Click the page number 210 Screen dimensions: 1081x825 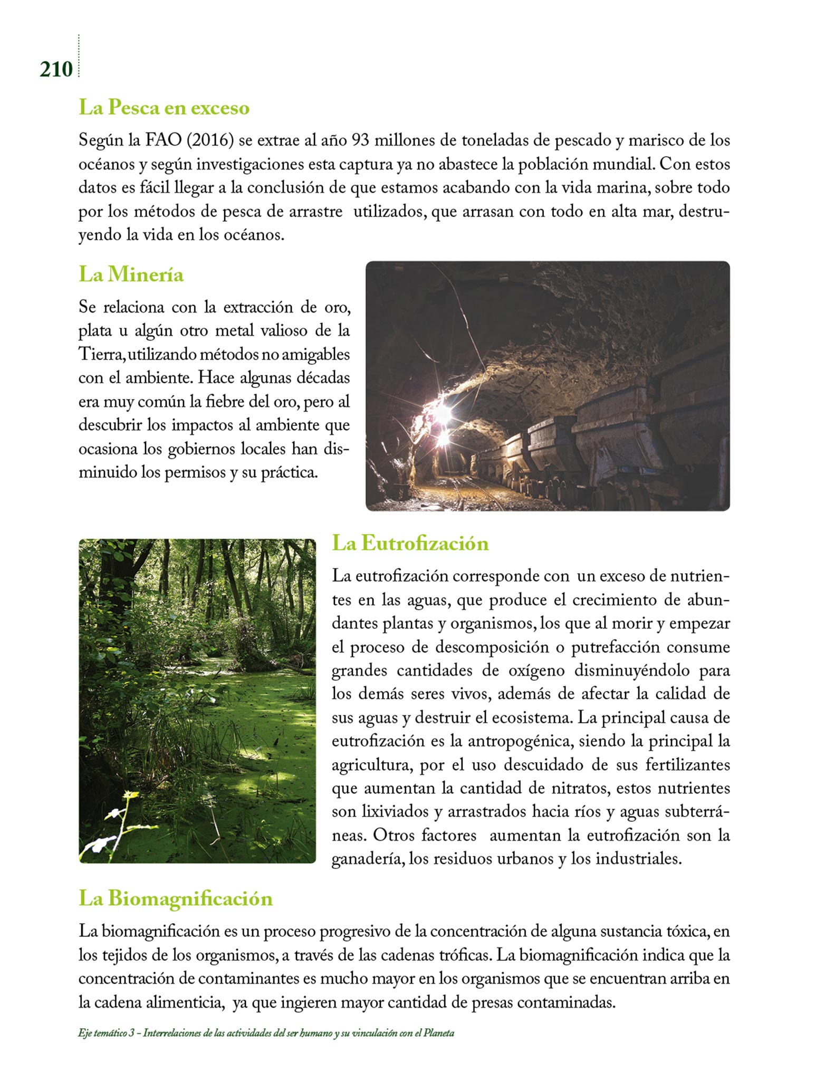pyautogui.click(x=55, y=69)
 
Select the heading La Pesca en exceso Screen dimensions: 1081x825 pyautogui.click(x=164, y=108)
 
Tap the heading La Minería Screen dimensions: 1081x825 pyautogui.click(x=131, y=274)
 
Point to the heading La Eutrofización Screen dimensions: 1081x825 pyautogui.click(x=410, y=543)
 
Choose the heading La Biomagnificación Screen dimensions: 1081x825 pyautogui.click(x=176, y=898)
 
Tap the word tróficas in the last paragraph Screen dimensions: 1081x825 pyautogui.click(x=465, y=955)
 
